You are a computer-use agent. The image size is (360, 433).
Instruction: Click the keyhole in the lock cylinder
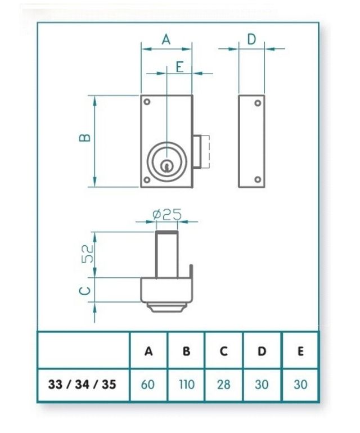167,165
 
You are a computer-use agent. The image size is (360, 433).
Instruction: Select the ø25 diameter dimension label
167,214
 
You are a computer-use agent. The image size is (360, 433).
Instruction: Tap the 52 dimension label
87,254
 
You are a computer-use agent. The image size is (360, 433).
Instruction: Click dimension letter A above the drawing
166,39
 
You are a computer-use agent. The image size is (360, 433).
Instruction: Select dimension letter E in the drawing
179,66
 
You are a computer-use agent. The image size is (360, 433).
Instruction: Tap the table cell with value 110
186,385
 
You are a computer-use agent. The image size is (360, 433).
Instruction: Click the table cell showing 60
148,385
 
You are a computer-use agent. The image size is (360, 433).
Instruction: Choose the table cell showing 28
224,385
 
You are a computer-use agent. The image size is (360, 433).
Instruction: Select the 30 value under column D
262,385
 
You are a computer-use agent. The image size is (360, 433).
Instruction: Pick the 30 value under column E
300,385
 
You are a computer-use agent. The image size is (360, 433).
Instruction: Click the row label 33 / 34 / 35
83,385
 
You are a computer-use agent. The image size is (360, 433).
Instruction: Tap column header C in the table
224,351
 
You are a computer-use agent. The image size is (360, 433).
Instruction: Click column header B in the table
186,351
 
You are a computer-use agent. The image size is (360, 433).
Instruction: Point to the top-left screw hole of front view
147,102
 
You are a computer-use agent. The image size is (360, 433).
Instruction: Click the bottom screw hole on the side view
258,179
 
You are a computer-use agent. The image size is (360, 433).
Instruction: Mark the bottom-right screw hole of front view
186,179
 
